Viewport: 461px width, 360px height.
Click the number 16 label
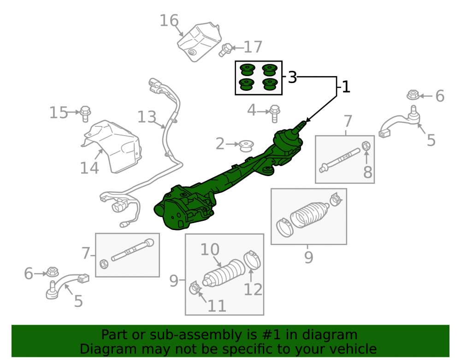[x=169, y=21]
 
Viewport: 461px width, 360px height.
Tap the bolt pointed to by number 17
[x=225, y=50]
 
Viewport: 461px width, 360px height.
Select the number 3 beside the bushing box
[x=292, y=77]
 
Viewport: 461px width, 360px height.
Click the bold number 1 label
[x=346, y=87]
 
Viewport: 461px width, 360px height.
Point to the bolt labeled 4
[x=274, y=113]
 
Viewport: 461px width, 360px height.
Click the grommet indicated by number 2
[x=246, y=146]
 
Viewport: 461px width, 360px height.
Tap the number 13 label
[x=147, y=117]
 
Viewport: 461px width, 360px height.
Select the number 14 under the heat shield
[x=89, y=168]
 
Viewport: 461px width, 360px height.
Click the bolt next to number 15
[x=85, y=113]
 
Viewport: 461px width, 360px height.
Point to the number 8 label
[x=367, y=172]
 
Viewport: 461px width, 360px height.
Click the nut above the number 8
[x=366, y=146]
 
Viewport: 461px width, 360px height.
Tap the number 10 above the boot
[x=210, y=249]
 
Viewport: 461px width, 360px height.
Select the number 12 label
[x=253, y=289]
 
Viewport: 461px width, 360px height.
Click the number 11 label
[x=217, y=306]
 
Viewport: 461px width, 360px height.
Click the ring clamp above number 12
[x=252, y=260]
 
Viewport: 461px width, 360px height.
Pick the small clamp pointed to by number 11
[x=195, y=288]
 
